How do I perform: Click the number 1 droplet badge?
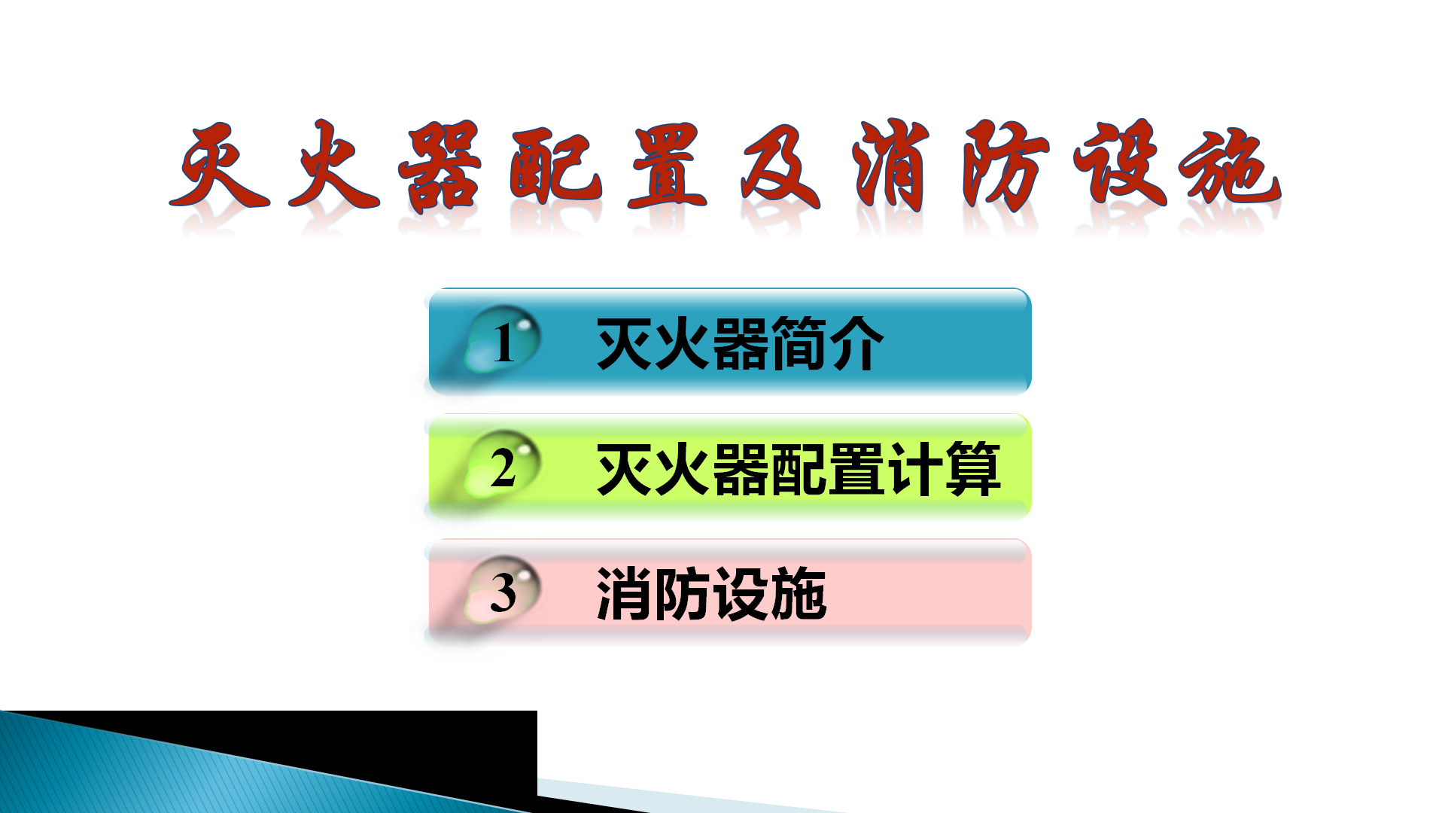(502, 343)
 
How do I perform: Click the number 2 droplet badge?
(502, 467)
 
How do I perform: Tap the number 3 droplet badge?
(502, 592)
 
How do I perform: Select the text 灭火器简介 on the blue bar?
(740, 343)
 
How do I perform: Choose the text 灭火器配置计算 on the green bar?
(798, 468)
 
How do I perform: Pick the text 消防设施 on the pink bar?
(711, 594)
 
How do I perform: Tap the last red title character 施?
(1230, 167)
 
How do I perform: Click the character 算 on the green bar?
(973, 468)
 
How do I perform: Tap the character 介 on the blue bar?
(855, 343)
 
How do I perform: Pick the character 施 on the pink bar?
(798, 594)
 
